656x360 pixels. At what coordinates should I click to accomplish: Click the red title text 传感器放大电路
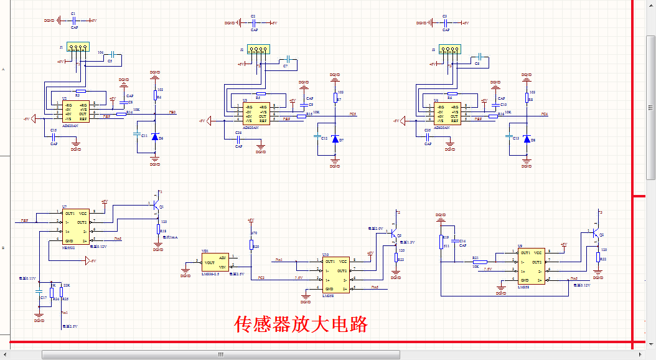(301, 324)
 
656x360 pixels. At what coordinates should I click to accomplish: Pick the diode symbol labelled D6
(155, 136)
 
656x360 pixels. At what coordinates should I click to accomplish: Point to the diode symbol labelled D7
(335, 140)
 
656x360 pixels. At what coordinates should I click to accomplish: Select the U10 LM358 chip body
(337, 275)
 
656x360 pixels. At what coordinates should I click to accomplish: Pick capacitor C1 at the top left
(73, 21)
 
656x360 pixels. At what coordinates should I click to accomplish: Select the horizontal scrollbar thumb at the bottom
(221, 354)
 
